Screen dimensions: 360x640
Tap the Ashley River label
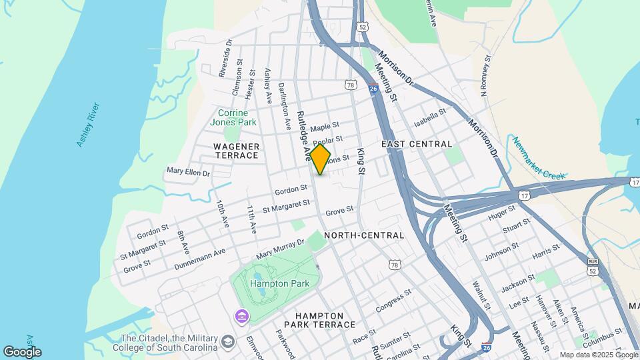click(x=88, y=125)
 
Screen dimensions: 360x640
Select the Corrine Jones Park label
click(x=233, y=117)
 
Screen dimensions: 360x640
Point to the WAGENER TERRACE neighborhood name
click(x=236, y=150)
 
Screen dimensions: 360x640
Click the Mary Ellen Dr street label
click(x=188, y=173)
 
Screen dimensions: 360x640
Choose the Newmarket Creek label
click(x=539, y=159)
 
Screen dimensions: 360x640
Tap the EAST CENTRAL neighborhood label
click(x=417, y=144)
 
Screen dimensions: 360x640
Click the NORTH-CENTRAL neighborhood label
click(x=364, y=235)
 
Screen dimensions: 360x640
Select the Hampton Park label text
click(x=270, y=283)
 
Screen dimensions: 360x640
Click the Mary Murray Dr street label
click(x=280, y=250)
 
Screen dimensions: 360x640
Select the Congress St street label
click(x=393, y=301)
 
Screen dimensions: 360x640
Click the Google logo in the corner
click(x=22, y=351)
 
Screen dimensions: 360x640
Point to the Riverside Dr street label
click(x=225, y=58)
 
